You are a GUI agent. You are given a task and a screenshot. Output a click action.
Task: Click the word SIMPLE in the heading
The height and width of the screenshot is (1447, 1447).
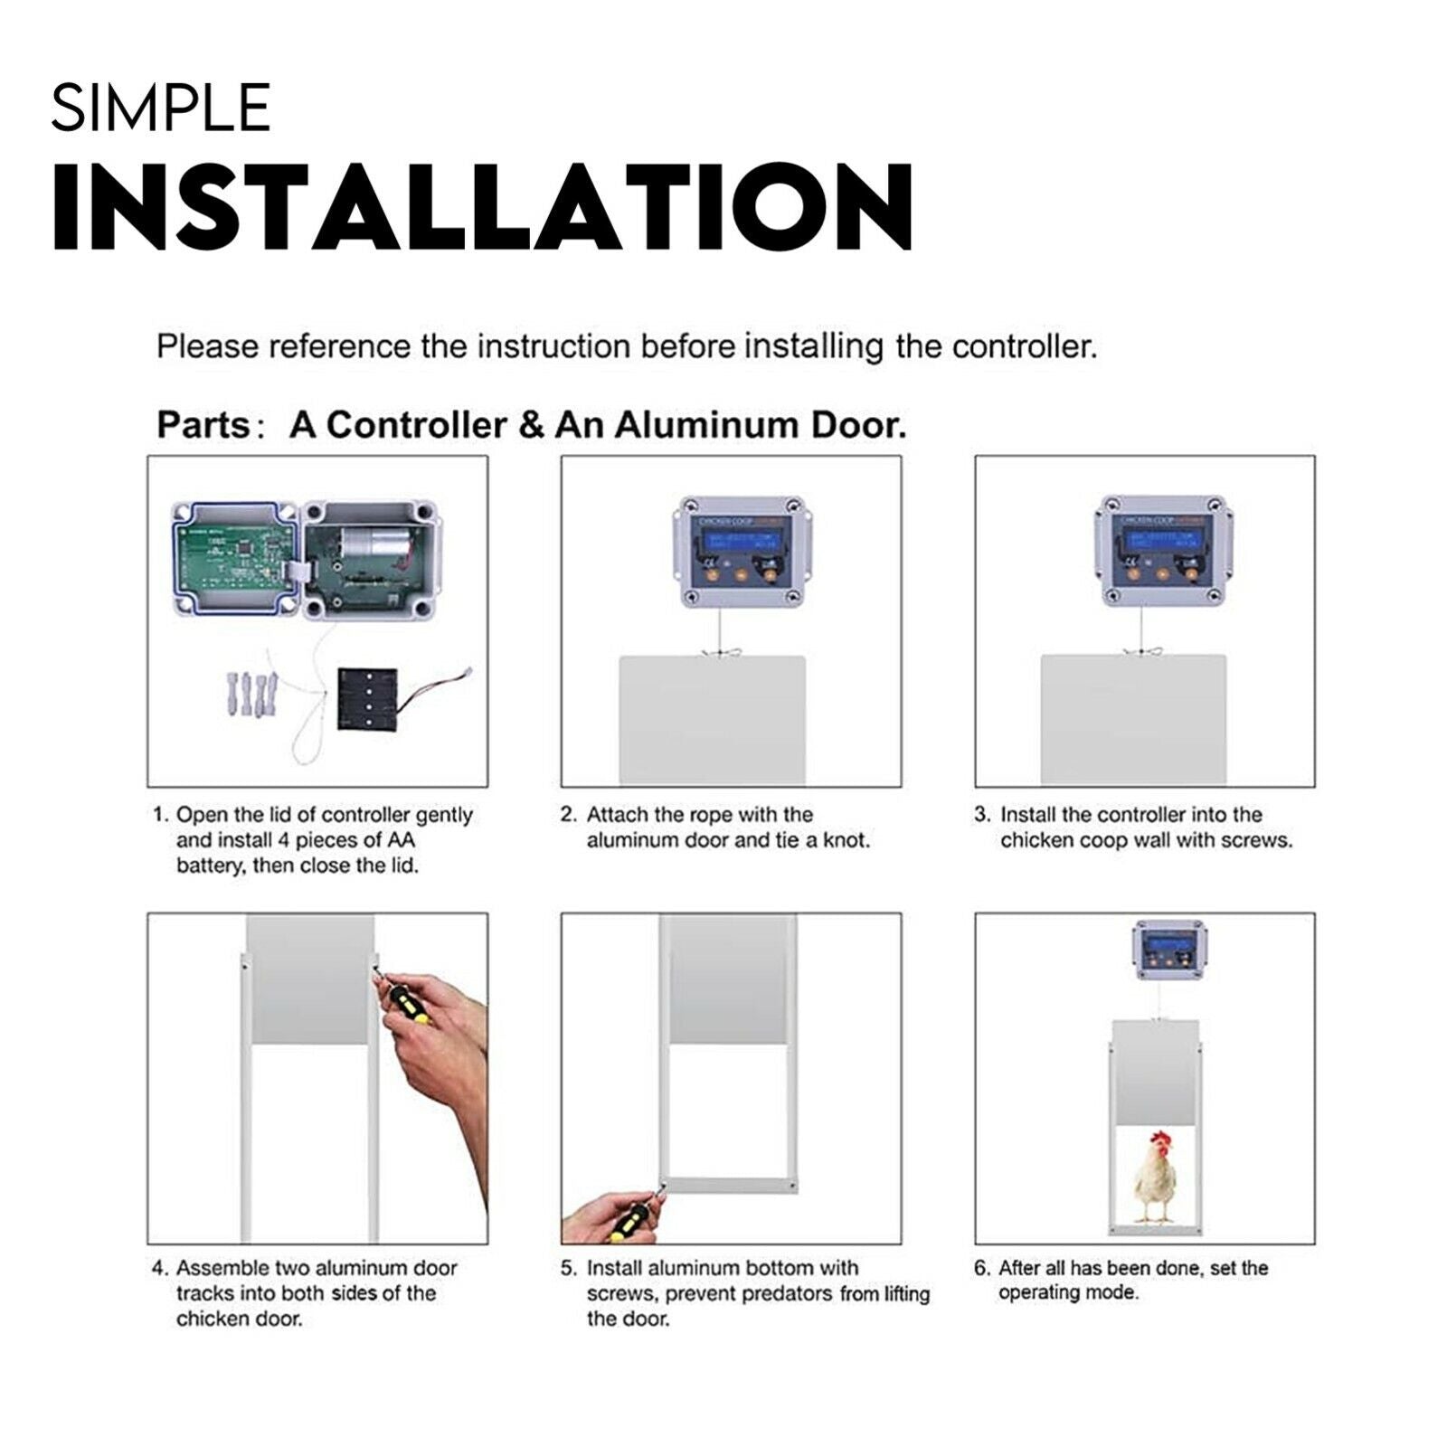pos(161,108)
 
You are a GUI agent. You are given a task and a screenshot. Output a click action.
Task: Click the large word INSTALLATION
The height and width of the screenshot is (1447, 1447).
pos(483,208)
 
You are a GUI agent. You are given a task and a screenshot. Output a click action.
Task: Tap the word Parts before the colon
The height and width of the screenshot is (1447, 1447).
pos(203,425)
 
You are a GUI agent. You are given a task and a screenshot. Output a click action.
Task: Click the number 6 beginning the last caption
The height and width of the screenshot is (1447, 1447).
pos(980,1268)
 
